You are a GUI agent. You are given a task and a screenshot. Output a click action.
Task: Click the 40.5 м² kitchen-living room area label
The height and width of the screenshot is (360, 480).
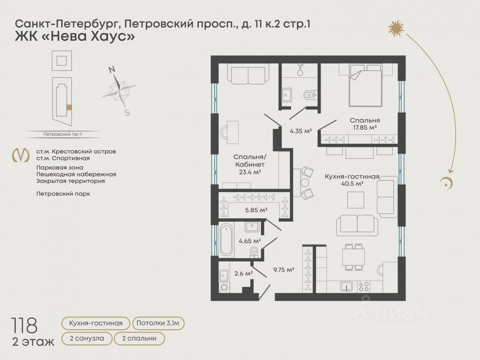click(352, 184)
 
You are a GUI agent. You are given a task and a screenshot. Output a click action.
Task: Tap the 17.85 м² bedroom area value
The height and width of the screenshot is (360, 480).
click(365, 127)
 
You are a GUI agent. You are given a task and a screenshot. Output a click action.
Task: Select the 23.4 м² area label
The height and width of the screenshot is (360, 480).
click(250, 172)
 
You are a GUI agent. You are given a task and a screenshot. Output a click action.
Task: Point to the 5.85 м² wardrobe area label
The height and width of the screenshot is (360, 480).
click(256, 210)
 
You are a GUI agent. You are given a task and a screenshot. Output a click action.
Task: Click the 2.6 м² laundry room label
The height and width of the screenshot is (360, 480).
click(244, 273)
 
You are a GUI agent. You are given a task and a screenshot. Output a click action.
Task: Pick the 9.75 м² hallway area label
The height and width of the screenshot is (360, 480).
click(283, 270)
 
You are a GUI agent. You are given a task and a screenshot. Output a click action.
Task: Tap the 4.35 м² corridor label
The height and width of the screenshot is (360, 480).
click(301, 131)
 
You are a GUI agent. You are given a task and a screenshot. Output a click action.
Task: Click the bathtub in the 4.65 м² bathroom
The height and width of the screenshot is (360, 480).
click(226, 240)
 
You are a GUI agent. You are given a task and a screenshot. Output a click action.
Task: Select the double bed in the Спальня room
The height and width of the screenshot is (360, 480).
click(365, 85)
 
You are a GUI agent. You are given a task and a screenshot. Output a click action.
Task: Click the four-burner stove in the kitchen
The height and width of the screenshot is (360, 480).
click(364, 286)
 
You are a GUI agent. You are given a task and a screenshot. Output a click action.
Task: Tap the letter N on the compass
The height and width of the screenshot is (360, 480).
click(112, 69)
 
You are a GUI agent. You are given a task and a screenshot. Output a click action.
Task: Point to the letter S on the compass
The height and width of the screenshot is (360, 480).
click(127, 112)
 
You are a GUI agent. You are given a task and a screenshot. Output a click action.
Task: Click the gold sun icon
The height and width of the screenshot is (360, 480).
click(396, 28)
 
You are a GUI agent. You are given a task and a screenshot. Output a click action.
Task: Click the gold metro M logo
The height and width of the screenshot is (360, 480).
click(21, 155)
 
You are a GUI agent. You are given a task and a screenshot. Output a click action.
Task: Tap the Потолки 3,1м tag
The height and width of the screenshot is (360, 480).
click(158, 323)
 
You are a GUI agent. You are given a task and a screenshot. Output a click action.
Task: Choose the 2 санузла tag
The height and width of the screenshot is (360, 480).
click(87, 339)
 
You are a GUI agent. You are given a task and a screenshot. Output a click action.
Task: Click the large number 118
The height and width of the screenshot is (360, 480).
click(24, 325)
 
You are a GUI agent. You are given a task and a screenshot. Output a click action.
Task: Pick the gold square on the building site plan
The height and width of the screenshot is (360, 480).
click(69, 107)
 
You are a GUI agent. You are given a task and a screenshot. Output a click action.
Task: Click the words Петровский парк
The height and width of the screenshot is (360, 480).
click(63, 194)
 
